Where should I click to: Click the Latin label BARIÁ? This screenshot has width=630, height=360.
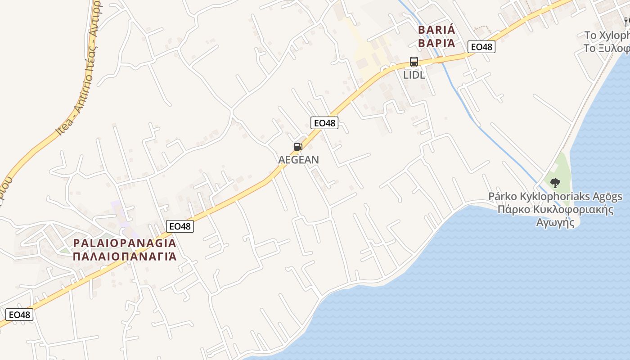tap(436, 30)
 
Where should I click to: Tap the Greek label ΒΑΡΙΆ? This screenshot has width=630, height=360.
tap(436, 43)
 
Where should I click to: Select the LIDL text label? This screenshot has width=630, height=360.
tap(414, 75)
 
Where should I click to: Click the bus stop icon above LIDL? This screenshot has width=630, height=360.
tap(414, 62)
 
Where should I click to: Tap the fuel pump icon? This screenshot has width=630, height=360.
tap(298, 146)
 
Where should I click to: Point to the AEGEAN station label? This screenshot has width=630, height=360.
tap(299, 159)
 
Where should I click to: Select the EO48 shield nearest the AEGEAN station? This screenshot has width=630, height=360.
tap(324, 122)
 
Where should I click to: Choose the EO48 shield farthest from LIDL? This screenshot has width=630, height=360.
tap(19, 315)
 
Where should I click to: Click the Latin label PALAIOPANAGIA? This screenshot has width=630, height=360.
tap(125, 243)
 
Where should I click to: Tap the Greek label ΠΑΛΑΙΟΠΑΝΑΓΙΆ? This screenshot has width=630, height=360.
tap(125, 256)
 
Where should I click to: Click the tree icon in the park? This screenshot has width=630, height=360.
tap(555, 183)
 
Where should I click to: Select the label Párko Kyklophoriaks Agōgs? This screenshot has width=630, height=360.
tap(555, 197)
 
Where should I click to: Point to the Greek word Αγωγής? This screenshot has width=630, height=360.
tap(555, 222)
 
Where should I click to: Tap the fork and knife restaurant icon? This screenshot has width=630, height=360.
tap(626, 21)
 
